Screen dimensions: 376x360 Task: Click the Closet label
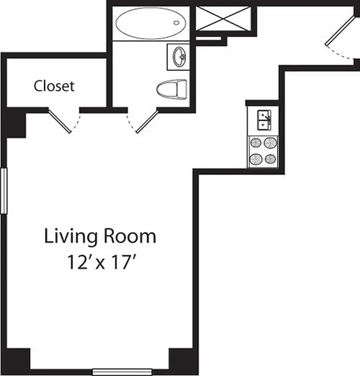point(54,86)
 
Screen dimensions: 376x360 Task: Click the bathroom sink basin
point(179,57)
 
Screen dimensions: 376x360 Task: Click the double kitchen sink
point(263,120)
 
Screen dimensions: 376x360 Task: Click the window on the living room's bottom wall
point(122,372)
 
